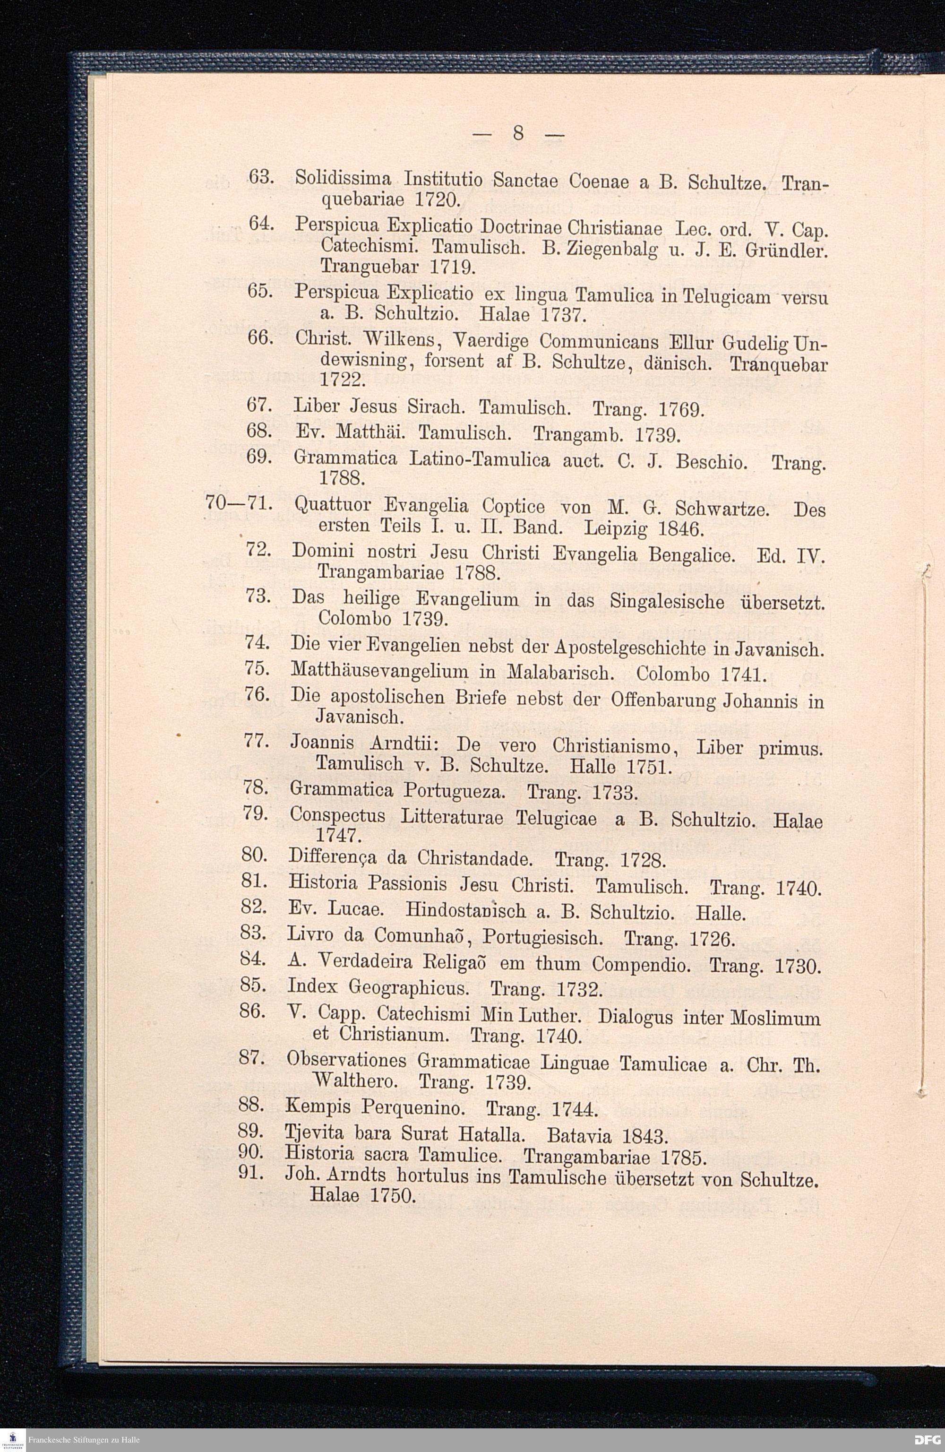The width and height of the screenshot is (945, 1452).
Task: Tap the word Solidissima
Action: (344, 180)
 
